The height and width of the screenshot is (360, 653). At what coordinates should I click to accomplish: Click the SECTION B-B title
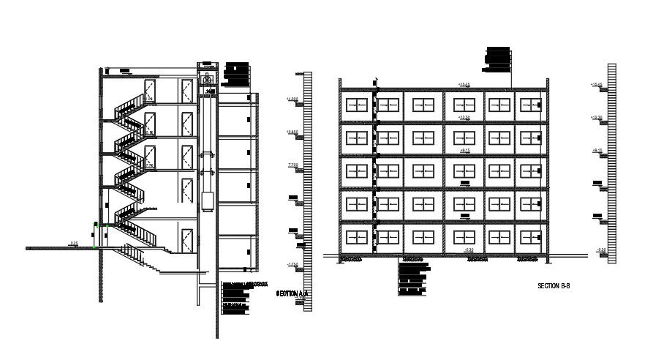pyautogui.click(x=553, y=285)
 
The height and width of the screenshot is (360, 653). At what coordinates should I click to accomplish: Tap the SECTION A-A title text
pyautogui.click(x=292, y=293)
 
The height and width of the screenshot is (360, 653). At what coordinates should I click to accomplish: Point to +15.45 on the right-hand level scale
pyautogui.click(x=596, y=85)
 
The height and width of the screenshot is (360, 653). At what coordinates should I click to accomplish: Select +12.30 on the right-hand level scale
pyautogui.click(x=596, y=117)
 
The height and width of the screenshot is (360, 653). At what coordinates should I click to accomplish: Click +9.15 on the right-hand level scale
pyautogui.click(x=596, y=150)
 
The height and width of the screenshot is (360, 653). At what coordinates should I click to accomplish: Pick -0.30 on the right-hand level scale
pyautogui.click(x=601, y=250)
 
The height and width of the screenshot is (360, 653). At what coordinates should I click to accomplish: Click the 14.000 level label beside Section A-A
pyautogui.click(x=292, y=99)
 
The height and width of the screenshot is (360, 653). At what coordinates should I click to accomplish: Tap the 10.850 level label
pyautogui.click(x=292, y=132)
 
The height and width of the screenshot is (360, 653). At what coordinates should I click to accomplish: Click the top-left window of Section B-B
pyautogui.click(x=356, y=105)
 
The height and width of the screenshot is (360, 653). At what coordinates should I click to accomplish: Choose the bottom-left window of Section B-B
pyautogui.click(x=356, y=237)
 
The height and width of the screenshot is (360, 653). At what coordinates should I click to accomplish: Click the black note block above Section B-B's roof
pyautogui.click(x=498, y=61)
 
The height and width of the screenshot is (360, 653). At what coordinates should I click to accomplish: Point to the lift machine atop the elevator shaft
pyautogui.click(x=207, y=78)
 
